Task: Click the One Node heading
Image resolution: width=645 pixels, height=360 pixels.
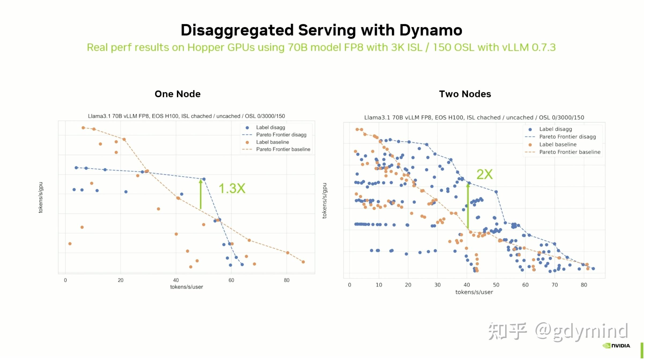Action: coord(177,94)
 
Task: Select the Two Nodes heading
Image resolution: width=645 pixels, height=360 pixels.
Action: coord(465,94)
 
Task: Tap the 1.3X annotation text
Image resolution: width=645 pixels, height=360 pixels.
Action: coord(232,188)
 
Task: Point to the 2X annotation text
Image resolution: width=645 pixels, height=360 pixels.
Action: coord(484,174)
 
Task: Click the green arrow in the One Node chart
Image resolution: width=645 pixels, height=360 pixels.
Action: coord(200,194)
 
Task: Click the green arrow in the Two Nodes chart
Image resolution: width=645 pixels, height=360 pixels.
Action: coord(468,207)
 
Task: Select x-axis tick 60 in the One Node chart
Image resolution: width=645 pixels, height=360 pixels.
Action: coord(231,280)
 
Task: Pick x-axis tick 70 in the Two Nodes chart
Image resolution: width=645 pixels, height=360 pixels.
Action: coord(554,285)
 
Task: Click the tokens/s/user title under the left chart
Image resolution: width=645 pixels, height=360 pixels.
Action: coord(186,287)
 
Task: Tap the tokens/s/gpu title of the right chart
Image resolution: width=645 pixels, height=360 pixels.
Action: coord(324,201)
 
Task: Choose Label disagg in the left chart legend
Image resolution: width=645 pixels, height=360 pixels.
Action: coord(270,127)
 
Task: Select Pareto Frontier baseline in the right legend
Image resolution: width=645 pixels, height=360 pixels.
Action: coord(570,152)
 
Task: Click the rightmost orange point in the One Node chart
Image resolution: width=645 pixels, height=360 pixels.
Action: coord(303,262)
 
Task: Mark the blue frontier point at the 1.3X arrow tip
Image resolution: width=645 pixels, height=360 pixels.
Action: coord(204,179)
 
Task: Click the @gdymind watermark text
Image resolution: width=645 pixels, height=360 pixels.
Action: coord(581,332)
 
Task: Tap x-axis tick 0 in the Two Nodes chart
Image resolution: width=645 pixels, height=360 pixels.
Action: coord(349,285)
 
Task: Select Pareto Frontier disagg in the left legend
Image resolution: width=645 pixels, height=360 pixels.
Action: coord(281,135)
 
